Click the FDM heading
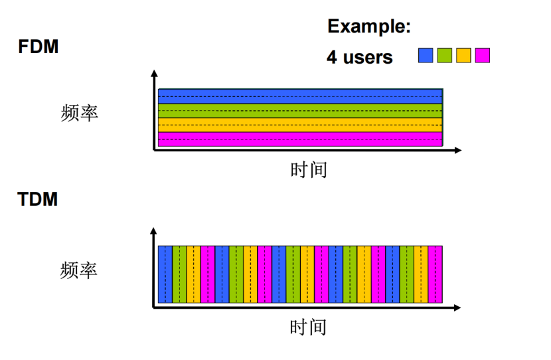tap(39, 47)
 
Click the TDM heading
tap(38, 199)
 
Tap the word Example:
tap(369, 27)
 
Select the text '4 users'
tap(359, 57)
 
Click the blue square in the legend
tap(425, 56)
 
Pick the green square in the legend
tap(444, 56)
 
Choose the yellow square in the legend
tap(463, 56)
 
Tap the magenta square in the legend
tap(483, 56)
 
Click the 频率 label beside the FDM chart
tap(79, 113)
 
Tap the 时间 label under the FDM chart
tap(309, 169)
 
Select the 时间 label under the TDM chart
tap(308, 327)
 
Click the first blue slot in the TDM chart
tap(165, 274)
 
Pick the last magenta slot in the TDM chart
tap(435, 274)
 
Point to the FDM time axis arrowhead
tap(457, 151)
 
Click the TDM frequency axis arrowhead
tap(154, 231)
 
